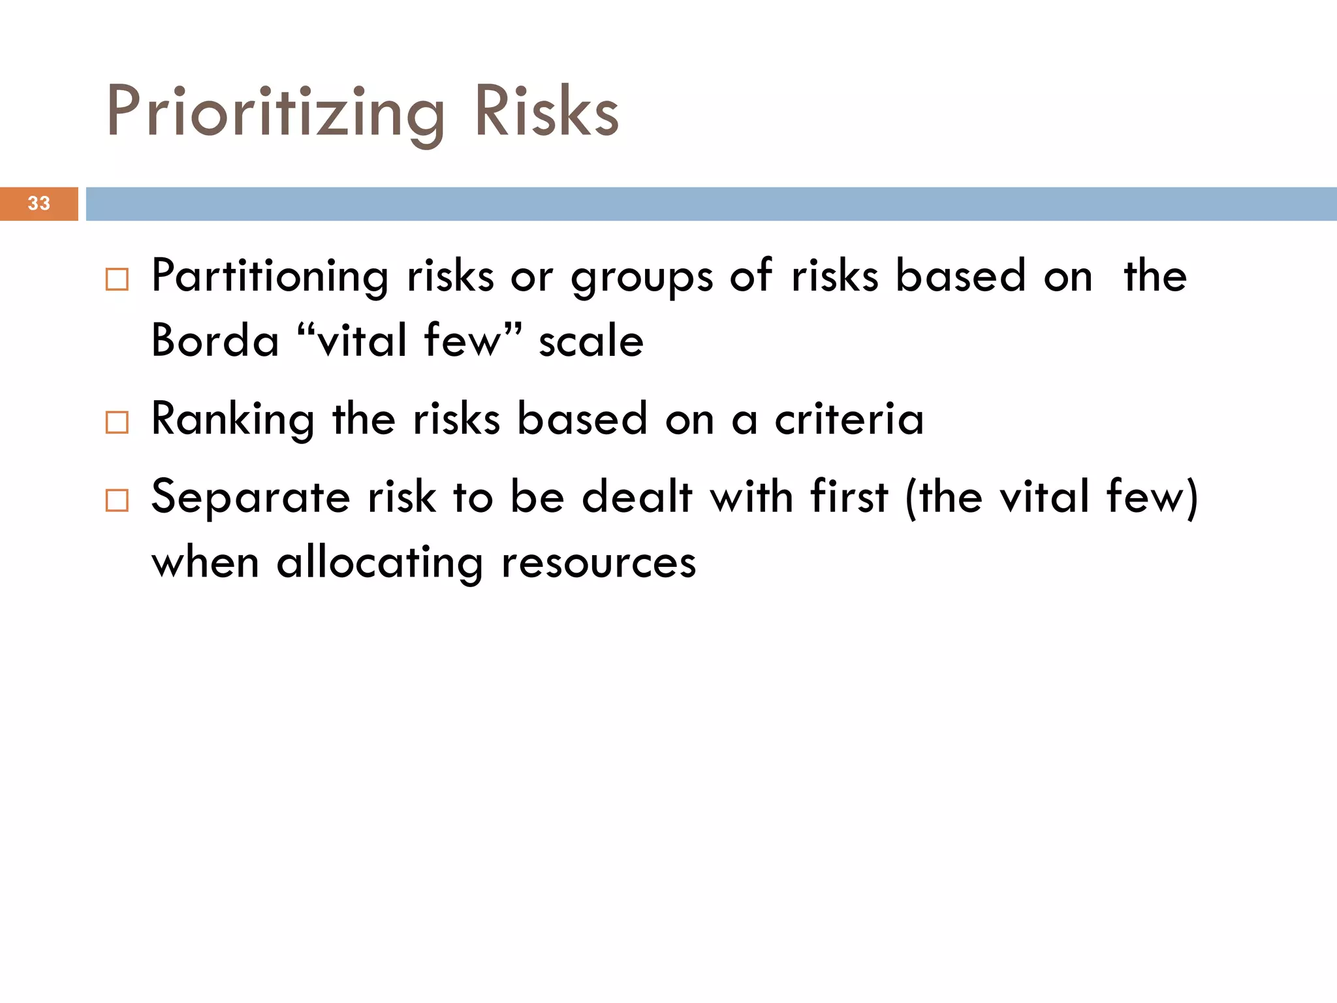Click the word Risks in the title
pos(546,112)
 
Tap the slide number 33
pos(39,204)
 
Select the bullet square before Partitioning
pos(117,279)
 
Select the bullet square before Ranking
pos(117,422)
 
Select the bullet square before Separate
pos(117,501)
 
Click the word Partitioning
pos(270,277)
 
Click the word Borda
pos(215,341)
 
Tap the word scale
pos(591,342)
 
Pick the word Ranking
pos(233,419)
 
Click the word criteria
pos(849,419)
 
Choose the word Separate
pos(251,498)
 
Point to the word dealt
pos(637,497)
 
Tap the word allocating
pos(380,563)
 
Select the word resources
pos(599,563)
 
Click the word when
pos(205,562)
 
